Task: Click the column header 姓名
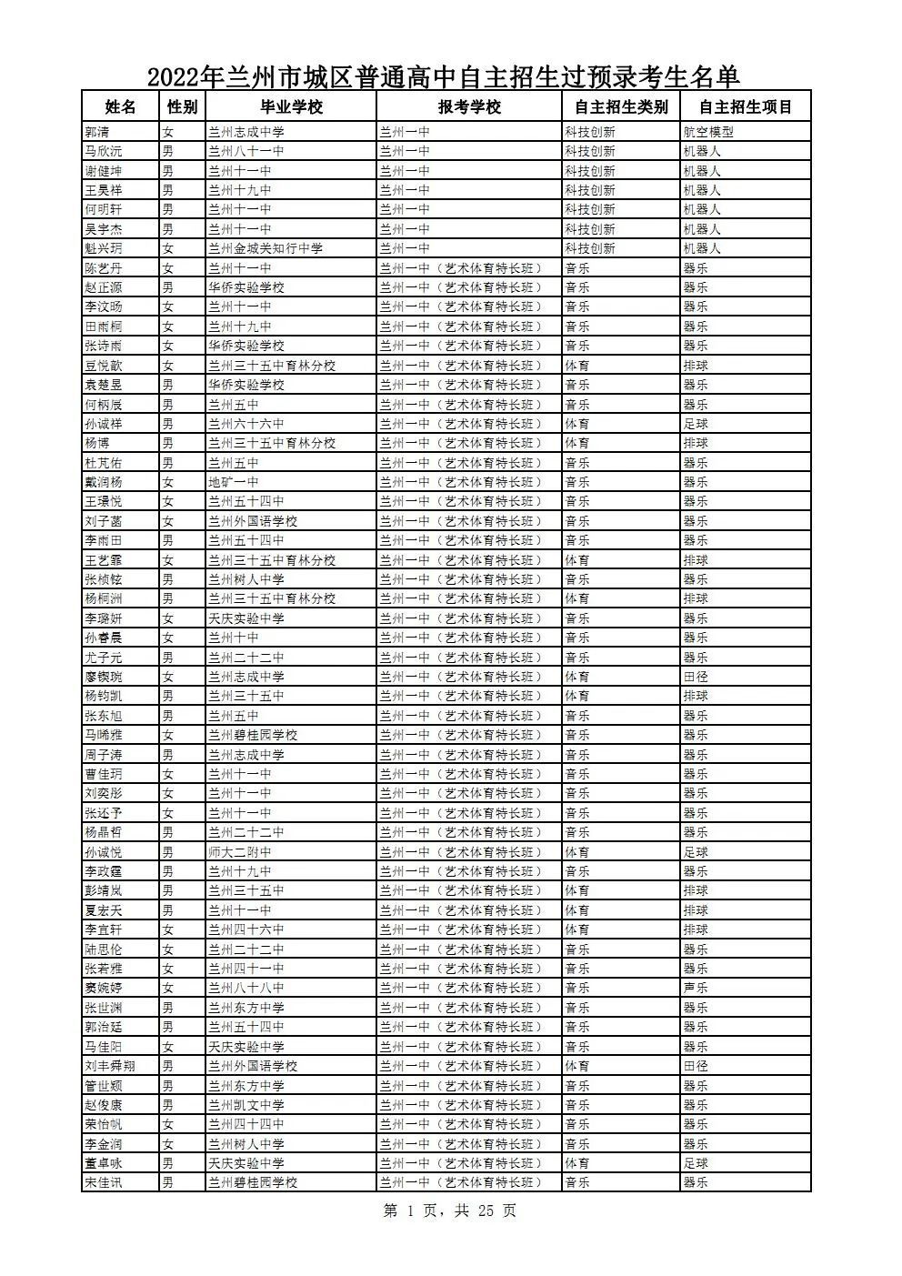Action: click(120, 106)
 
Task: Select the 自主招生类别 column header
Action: click(621, 106)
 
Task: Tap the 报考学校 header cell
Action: click(469, 106)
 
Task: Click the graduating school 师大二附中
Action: click(240, 852)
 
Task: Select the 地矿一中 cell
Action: click(234, 482)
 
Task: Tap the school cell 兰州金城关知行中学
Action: click(266, 248)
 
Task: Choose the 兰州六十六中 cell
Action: click(246, 424)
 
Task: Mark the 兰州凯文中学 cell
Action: click(246, 1105)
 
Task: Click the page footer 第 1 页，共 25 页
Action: click(450, 1211)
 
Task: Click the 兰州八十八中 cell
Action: click(246, 988)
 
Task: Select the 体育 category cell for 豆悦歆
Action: click(576, 366)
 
